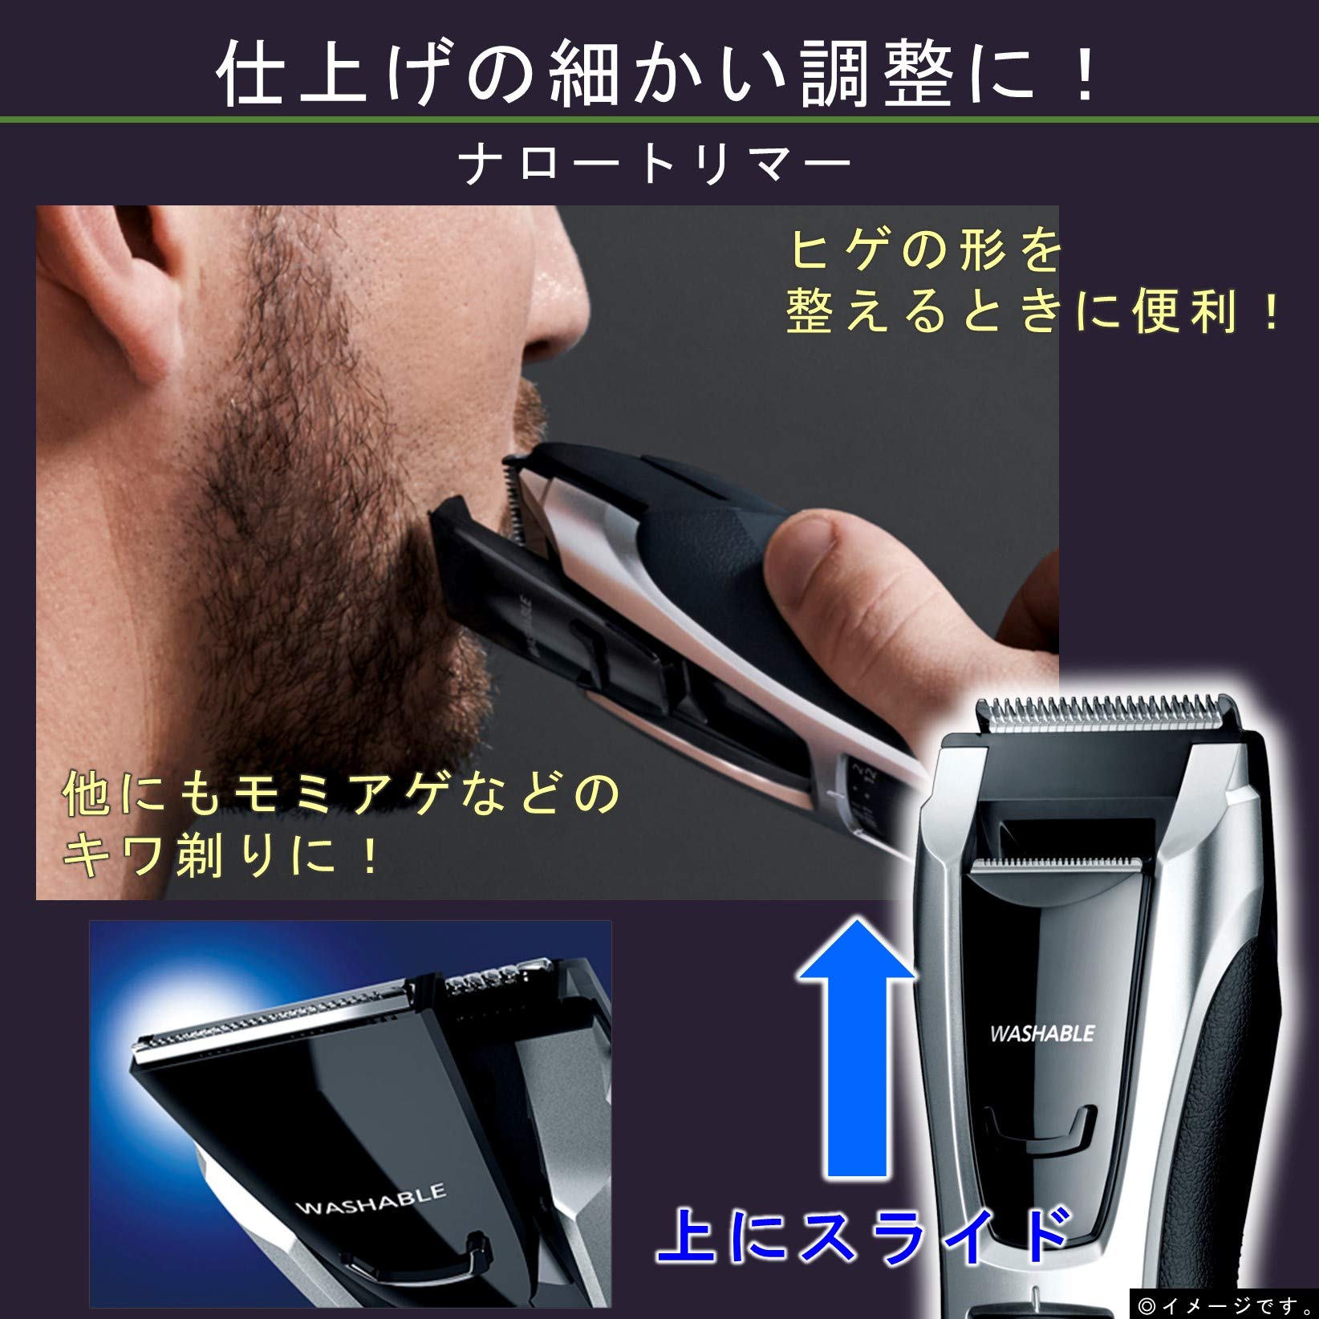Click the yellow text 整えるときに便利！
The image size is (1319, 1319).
[1033, 310]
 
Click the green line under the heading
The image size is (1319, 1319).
[659, 120]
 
